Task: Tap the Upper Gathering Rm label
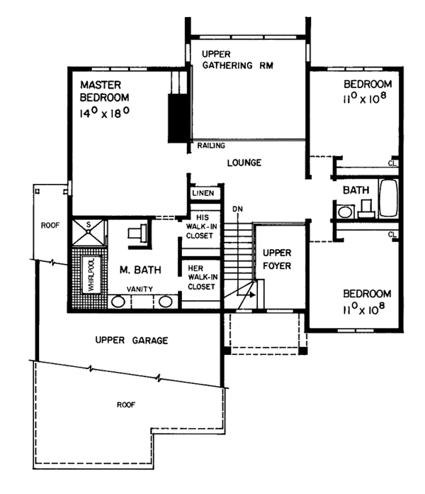click(x=237, y=60)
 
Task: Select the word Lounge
click(x=244, y=163)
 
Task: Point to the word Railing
click(x=212, y=146)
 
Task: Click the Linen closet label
click(x=204, y=194)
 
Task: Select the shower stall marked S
click(x=88, y=230)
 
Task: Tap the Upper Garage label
click(x=131, y=341)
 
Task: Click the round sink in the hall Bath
click(x=345, y=212)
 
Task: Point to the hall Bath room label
click(x=354, y=191)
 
